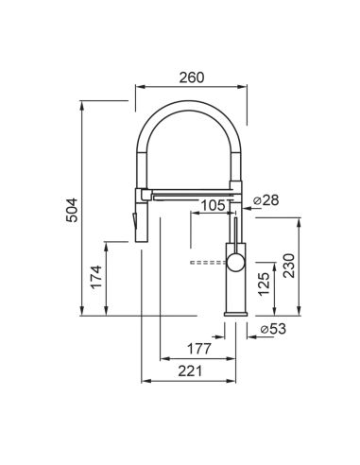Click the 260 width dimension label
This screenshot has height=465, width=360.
192,77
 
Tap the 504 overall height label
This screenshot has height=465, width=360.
72,210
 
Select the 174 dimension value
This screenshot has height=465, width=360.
96,277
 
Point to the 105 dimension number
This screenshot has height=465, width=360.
214,206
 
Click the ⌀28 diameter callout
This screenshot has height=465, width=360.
266,200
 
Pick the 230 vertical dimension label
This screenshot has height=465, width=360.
289,266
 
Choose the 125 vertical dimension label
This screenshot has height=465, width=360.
264,284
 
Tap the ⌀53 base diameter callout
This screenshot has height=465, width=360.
273,329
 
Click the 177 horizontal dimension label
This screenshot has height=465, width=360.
199,349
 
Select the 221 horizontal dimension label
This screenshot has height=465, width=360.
190,371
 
